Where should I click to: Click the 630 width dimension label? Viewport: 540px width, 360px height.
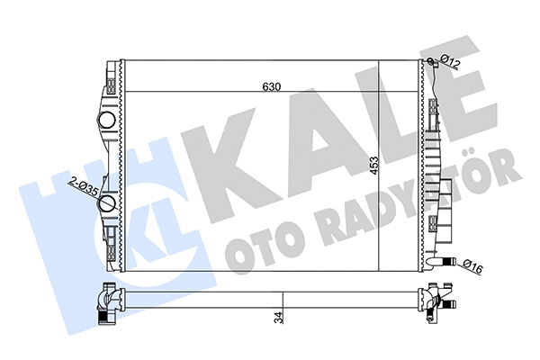pyautogui.click(x=271, y=86)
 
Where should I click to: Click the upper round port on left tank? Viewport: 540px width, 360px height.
pyautogui.click(x=105, y=119)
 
